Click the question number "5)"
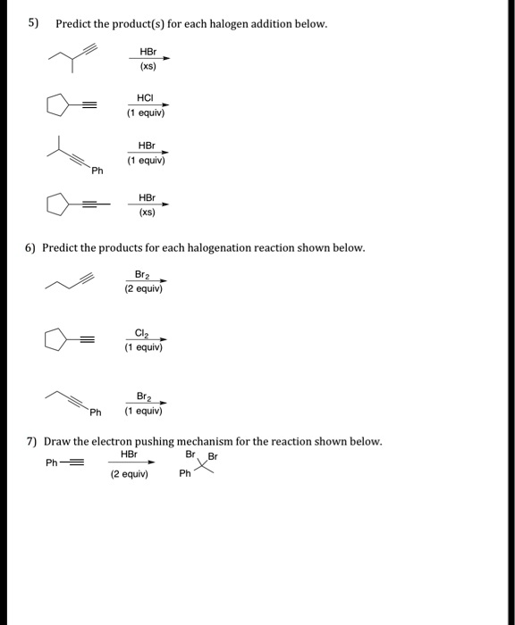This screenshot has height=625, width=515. (33, 22)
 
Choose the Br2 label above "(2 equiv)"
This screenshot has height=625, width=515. (143, 274)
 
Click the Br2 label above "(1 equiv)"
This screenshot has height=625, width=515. (143, 395)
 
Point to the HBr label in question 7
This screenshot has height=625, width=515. (128, 454)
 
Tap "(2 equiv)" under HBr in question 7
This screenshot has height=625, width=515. (128, 475)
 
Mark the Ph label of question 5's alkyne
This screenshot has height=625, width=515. (96, 170)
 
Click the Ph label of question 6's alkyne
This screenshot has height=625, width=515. (96, 412)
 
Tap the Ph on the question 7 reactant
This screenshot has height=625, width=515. (52, 462)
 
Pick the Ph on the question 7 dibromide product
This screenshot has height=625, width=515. (184, 474)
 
